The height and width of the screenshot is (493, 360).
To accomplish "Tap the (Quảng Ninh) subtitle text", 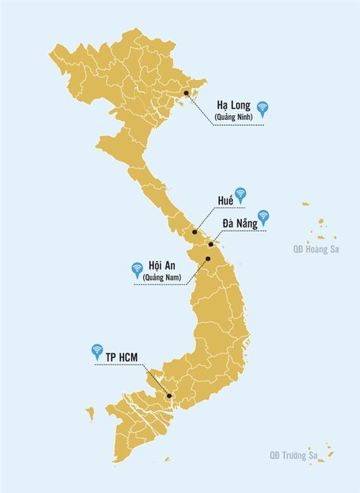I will [233, 117].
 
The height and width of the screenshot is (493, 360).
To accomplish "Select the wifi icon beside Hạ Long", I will [262, 108].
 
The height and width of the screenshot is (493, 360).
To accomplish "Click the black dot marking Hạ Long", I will [186, 94].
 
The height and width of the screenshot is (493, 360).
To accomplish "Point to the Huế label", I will [226, 200].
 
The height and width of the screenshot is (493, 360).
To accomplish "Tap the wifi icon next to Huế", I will [241, 193].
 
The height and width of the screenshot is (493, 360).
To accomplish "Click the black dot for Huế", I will [195, 232].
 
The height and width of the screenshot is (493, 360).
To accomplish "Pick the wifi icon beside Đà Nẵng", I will [264, 216].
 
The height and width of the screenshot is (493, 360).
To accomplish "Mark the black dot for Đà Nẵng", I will [210, 245].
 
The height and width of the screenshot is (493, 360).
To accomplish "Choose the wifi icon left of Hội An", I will [137, 268].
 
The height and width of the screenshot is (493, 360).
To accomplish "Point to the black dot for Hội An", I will [207, 258].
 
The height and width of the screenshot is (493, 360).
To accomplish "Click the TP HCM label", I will [122, 357].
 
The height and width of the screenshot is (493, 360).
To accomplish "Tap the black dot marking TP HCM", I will [169, 396].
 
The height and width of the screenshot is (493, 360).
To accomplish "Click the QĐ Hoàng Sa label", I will [316, 249].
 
